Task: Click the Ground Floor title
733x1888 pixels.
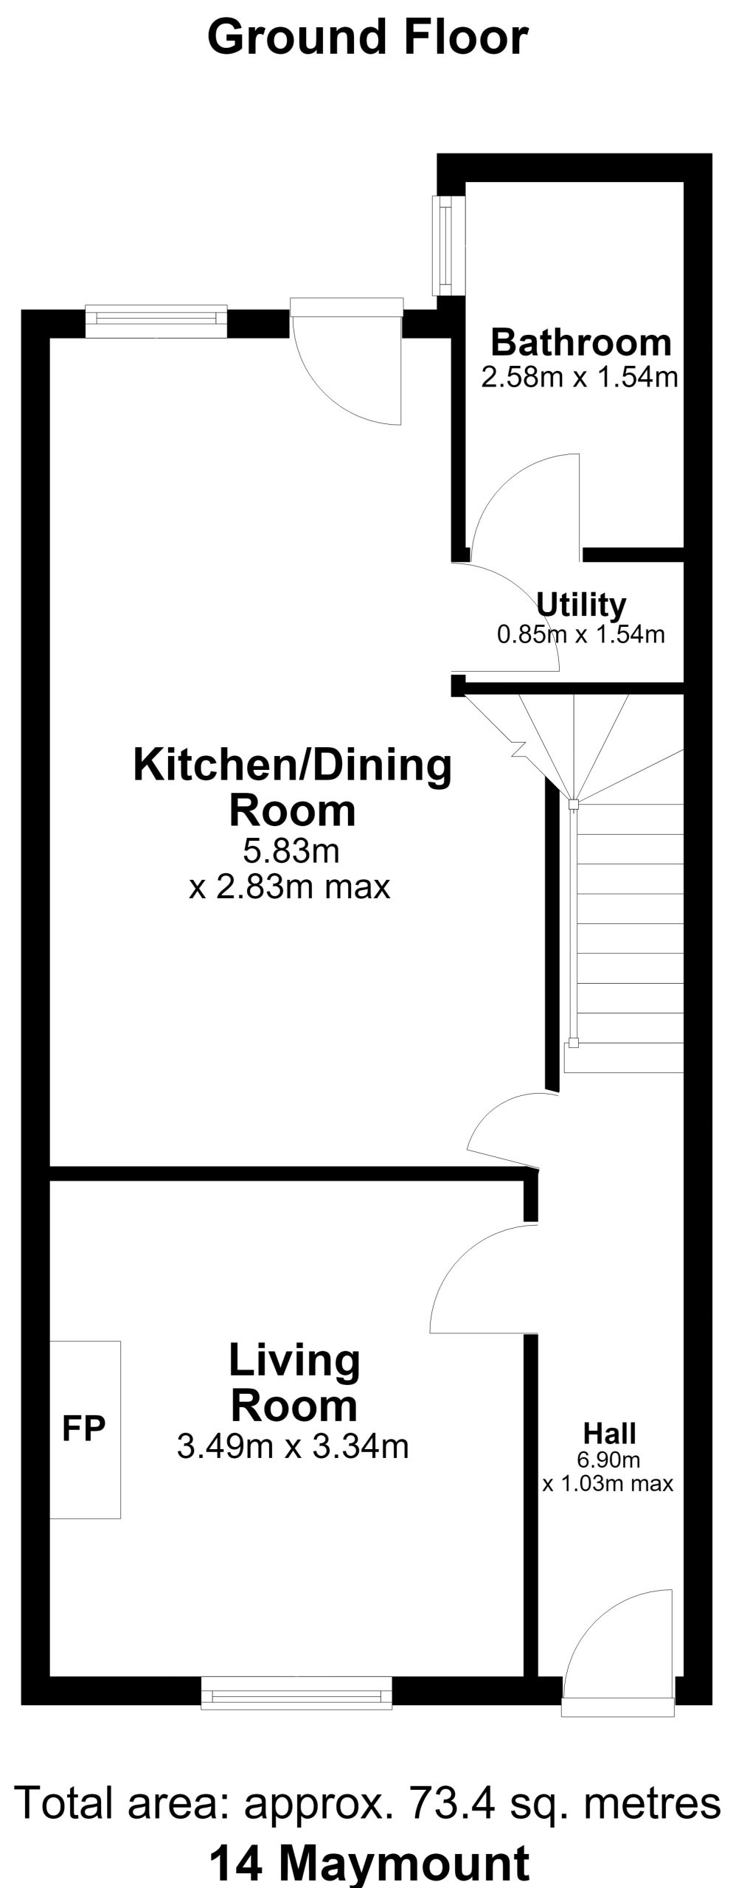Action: [367, 39]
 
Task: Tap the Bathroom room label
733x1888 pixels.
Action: [581, 343]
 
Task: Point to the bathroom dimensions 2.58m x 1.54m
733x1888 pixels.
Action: [580, 378]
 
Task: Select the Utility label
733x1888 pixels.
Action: [581, 605]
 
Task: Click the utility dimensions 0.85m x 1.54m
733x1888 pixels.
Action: [581, 634]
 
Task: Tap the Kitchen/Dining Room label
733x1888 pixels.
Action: [293, 788]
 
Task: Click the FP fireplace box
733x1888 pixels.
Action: [85, 1429]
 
